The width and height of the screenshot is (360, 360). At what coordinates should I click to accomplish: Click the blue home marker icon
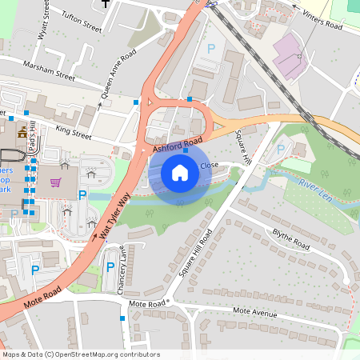[180, 172]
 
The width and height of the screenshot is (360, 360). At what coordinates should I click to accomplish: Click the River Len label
[314, 189]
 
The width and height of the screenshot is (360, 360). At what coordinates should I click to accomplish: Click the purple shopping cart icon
[55, 182]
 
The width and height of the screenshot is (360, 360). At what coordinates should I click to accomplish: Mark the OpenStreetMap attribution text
[79, 354]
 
